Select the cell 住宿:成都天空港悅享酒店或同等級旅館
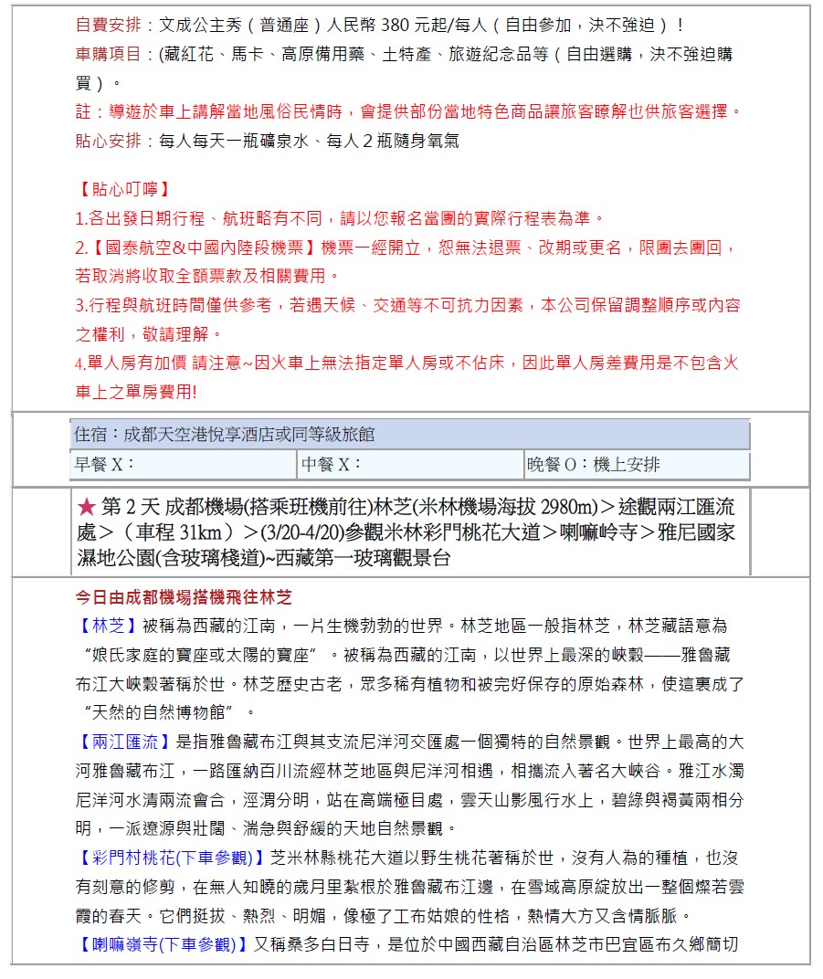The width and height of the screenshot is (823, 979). [225, 434]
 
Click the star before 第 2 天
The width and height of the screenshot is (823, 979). [87, 507]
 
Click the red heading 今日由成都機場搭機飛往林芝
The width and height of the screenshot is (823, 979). [184, 598]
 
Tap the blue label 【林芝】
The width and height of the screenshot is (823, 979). [107, 626]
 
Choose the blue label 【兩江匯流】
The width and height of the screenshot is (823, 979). [122, 742]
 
